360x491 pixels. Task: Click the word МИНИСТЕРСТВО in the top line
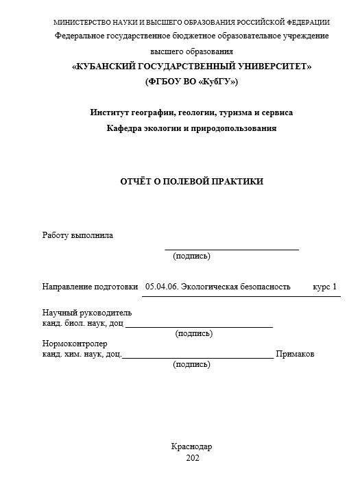tap(79, 23)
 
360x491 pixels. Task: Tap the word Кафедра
tap(125, 128)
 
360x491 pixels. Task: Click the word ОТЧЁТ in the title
tap(135, 181)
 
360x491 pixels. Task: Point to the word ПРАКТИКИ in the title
tap(237, 181)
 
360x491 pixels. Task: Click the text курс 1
tap(325, 286)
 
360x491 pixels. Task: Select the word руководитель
tap(107, 313)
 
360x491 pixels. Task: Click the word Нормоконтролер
tap(75, 344)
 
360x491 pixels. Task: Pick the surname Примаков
tap(295, 354)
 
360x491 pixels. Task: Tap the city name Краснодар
tap(191, 446)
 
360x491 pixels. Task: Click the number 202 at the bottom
tap(192, 457)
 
